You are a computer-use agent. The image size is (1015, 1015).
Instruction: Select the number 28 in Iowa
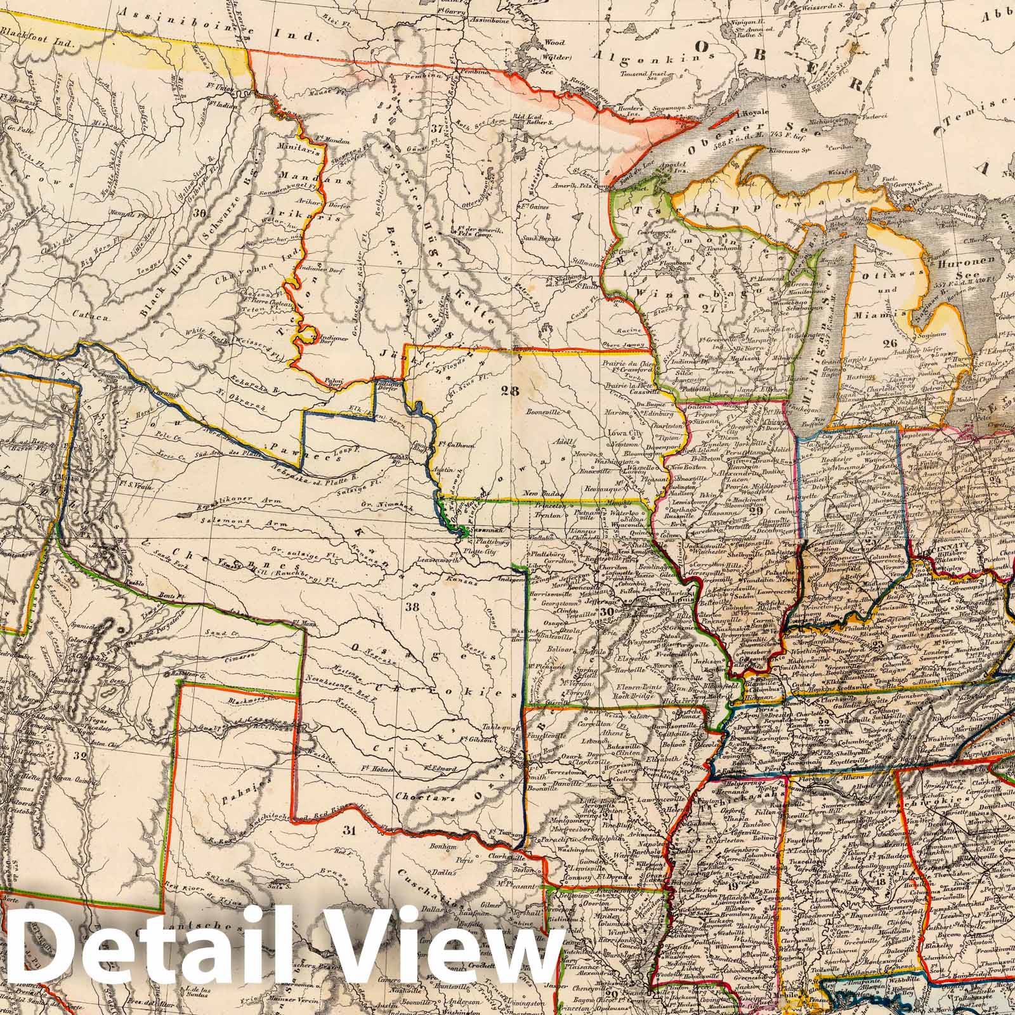[512, 391]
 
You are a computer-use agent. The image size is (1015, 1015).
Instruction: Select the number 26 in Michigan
[889, 343]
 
